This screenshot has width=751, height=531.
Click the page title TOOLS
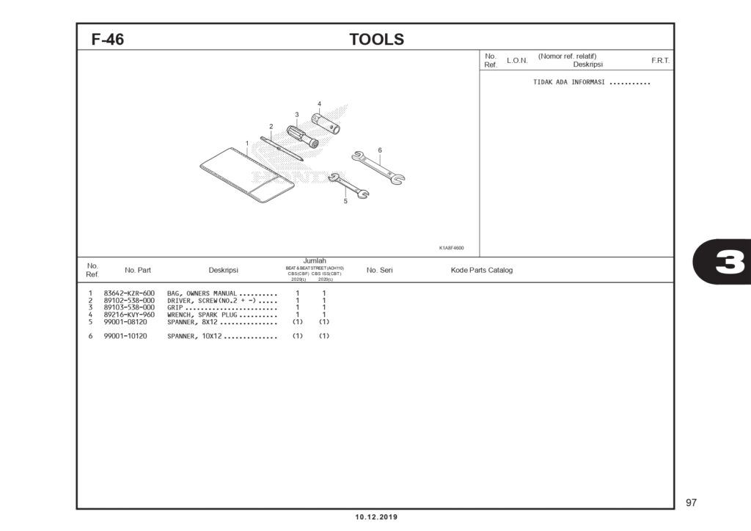point(376,40)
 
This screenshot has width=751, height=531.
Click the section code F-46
point(108,40)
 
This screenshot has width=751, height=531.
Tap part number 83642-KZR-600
point(129,293)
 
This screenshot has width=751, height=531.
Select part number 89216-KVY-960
point(129,315)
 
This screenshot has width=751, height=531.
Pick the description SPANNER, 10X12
point(194,336)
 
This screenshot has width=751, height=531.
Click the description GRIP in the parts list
point(175,307)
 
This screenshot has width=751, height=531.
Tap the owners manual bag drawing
point(246,175)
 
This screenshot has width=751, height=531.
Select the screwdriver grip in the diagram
point(301,136)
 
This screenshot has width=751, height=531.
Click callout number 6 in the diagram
point(380,150)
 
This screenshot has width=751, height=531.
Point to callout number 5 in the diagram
point(345,202)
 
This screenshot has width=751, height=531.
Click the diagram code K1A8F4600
point(452,248)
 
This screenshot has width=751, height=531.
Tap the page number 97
point(691,502)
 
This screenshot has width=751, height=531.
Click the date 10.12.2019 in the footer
point(376,517)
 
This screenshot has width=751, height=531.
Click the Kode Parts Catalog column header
point(482,270)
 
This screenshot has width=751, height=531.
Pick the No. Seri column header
point(379,270)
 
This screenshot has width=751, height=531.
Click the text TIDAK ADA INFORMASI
point(569,82)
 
